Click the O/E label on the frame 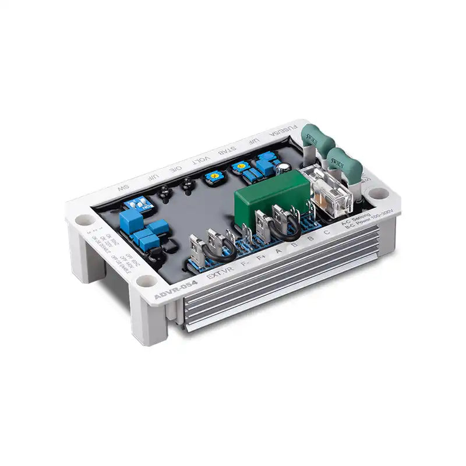[175, 169]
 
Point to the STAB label [227, 153]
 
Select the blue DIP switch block [139, 203]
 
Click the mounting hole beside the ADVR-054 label [147, 282]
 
